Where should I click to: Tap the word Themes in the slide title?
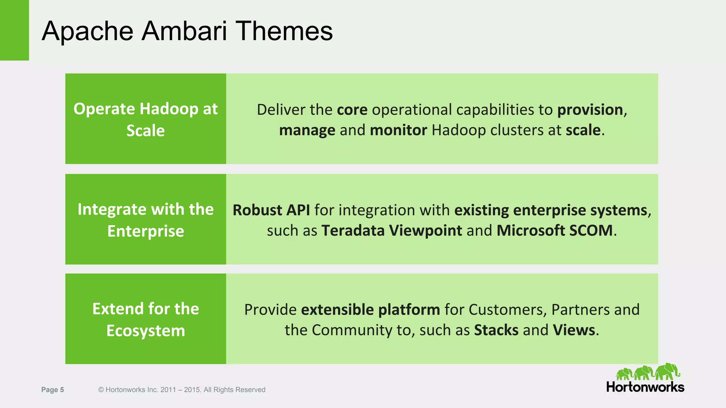click(x=284, y=31)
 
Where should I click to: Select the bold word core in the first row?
click(x=352, y=110)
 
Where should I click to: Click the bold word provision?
click(x=590, y=110)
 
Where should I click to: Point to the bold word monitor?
click(x=398, y=130)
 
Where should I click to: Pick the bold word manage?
click(x=307, y=130)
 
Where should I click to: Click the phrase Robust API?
click(x=271, y=210)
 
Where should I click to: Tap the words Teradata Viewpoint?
click(x=391, y=231)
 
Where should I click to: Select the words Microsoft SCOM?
click(x=554, y=231)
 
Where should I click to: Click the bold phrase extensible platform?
click(x=370, y=310)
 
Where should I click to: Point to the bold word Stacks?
click(x=496, y=330)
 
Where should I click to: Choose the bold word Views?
click(x=574, y=330)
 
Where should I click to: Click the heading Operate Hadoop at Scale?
click(x=145, y=119)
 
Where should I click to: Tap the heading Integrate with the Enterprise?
click(x=145, y=220)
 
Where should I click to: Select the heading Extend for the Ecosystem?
click(x=145, y=319)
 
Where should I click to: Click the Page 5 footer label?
click(x=52, y=390)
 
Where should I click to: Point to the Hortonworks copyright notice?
click(x=181, y=390)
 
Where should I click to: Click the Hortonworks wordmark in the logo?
click(x=645, y=387)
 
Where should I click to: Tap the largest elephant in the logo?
click(x=667, y=371)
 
